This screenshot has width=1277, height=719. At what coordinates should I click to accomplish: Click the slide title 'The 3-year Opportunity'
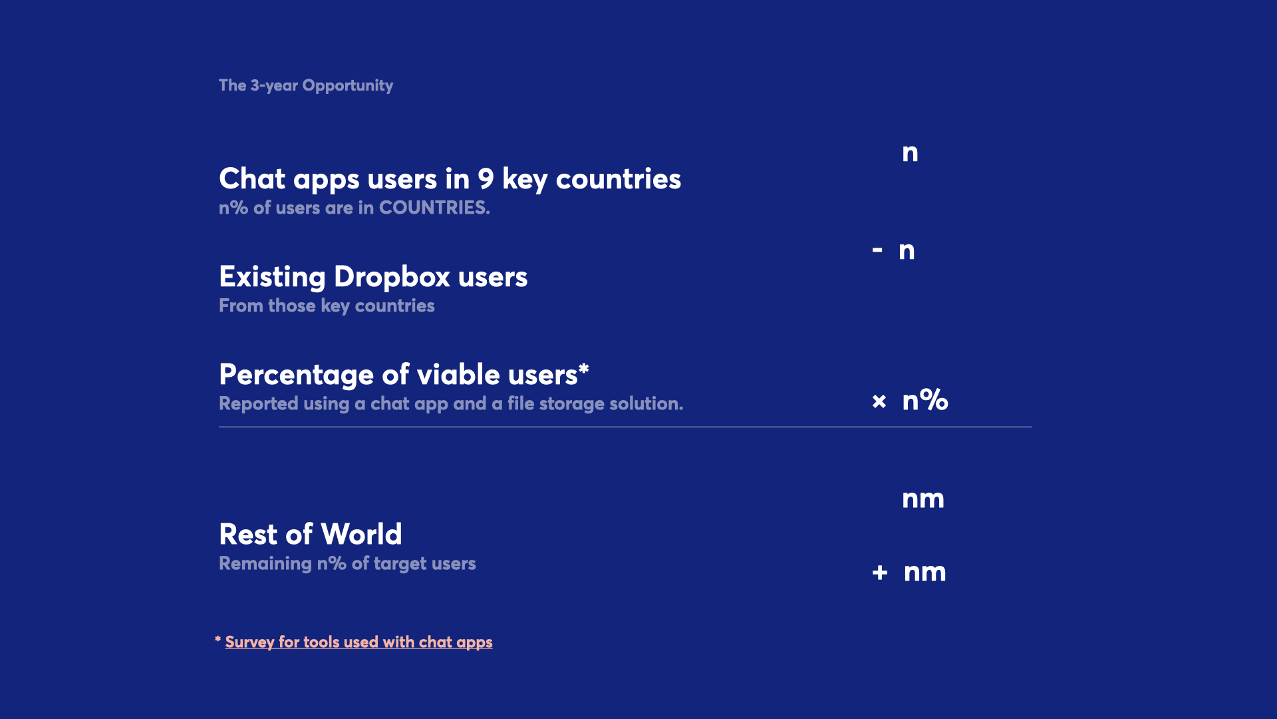pyautogui.click(x=306, y=86)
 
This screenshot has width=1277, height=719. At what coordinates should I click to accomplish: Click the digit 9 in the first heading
pyautogui.click(x=486, y=179)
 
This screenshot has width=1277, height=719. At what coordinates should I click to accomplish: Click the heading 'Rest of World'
pyautogui.click(x=311, y=534)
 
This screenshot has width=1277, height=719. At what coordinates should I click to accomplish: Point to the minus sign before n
pyautogui.click(x=877, y=250)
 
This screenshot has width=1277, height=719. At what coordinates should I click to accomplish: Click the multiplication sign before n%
pyautogui.click(x=879, y=401)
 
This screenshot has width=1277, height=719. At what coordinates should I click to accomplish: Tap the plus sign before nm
pyautogui.click(x=880, y=573)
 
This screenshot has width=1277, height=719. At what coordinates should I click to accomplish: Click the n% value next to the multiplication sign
pyautogui.click(x=925, y=400)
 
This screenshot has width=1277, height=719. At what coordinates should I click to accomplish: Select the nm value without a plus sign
pyautogui.click(x=923, y=499)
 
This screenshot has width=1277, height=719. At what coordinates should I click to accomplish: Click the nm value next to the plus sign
pyautogui.click(x=925, y=573)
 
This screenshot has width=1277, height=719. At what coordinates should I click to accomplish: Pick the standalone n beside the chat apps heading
pyautogui.click(x=911, y=153)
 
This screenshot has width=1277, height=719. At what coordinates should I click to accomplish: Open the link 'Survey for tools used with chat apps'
pyautogui.click(x=359, y=642)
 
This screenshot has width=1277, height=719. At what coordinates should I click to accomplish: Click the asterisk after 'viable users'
pyautogui.click(x=584, y=368)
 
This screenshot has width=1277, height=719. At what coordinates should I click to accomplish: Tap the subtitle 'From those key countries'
pyautogui.click(x=327, y=306)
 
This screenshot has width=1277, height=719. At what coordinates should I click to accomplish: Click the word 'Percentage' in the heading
pyautogui.click(x=297, y=375)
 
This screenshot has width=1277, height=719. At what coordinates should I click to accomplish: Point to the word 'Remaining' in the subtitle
pyautogui.click(x=265, y=564)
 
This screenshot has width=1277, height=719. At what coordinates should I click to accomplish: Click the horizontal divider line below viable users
pyautogui.click(x=625, y=427)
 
